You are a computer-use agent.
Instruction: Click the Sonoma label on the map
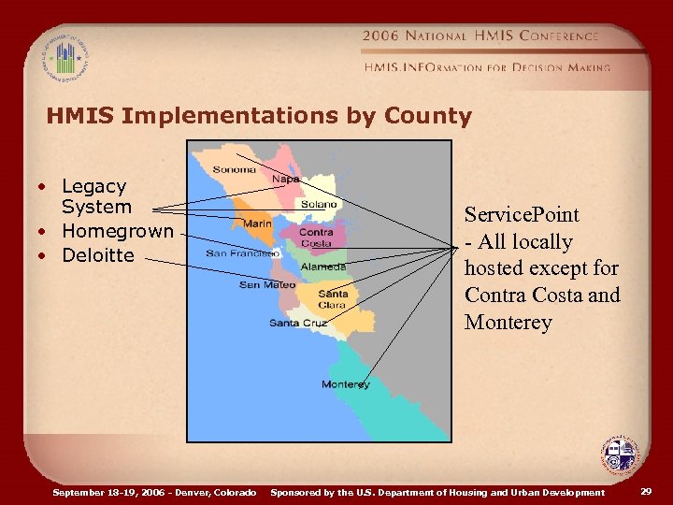pyautogui.click(x=235, y=170)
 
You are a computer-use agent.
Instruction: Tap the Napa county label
pyautogui.click(x=285, y=179)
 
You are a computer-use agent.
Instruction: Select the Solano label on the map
pyautogui.click(x=318, y=205)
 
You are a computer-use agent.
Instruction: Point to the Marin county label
pyautogui.click(x=257, y=224)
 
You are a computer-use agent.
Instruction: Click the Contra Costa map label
pyautogui.click(x=316, y=238)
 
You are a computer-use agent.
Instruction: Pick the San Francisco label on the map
pyautogui.click(x=242, y=253)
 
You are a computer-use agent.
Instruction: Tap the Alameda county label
pyautogui.click(x=323, y=267)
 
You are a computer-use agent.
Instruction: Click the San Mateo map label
pyautogui.click(x=267, y=284)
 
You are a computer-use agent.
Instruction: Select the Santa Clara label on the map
pyautogui.click(x=333, y=299)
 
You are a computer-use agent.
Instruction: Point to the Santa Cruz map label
pyautogui.click(x=297, y=324)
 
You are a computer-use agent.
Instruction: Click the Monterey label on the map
pyautogui.click(x=345, y=384)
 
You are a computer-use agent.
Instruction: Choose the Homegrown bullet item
pyautogui.click(x=118, y=231)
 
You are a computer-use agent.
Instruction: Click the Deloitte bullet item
pyautogui.click(x=98, y=255)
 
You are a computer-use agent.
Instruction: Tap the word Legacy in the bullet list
pyautogui.click(x=93, y=186)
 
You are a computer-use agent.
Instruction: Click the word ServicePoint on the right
pyautogui.click(x=522, y=214)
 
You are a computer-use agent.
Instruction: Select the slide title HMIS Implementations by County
pyautogui.click(x=259, y=116)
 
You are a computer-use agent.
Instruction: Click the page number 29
pyautogui.click(x=647, y=491)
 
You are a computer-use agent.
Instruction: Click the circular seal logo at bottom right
pyautogui.click(x=618, y=456)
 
